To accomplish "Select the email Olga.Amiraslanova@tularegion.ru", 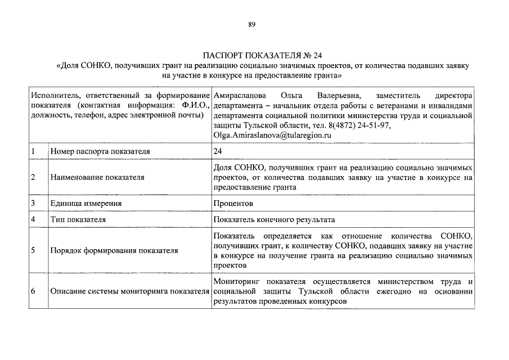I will pyautogui.click(x=272, y=135).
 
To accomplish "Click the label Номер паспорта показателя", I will pyautogui.click(x=100, y=151).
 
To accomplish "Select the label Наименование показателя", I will pyautogui.click(x=97, y=177).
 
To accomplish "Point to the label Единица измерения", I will pyautogui.click(x=86, y=202).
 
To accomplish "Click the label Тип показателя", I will pyautogui.click(x=78, y=219).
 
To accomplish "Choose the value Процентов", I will pyautogui.click(x=233, y=202).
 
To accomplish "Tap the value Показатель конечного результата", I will pyautogui.click(x=278, y=219).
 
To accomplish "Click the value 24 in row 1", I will pyautogui.click(x=218, y=151).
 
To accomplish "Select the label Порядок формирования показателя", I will pyautogui.click(x=114, y=250).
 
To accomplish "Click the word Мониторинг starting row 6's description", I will pyautogui.click(x=237, y=281).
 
